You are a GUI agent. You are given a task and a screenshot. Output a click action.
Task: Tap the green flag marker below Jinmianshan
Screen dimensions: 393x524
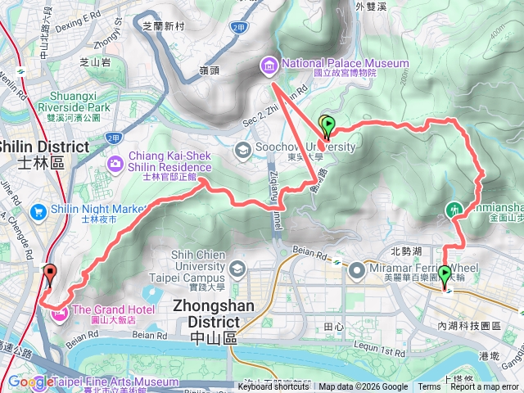[x=445, y=274]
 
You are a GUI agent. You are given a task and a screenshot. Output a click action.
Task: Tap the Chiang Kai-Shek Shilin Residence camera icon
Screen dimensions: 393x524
[x=115, y=164]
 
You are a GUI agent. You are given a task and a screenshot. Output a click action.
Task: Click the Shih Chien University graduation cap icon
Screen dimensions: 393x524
[x=236, y=268]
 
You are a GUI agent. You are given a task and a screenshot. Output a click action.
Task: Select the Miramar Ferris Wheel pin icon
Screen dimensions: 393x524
[x=356, y=269]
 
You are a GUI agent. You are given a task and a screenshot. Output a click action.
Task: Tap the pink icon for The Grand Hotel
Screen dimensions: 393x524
[x=60, y=312]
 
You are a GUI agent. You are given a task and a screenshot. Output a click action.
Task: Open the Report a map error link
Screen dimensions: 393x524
[x=485, y=387]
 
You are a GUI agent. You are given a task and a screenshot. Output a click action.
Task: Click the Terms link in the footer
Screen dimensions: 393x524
[x=429, y=387]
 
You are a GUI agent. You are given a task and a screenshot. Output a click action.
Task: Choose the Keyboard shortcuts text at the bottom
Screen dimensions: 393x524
[x=274, y=387]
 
